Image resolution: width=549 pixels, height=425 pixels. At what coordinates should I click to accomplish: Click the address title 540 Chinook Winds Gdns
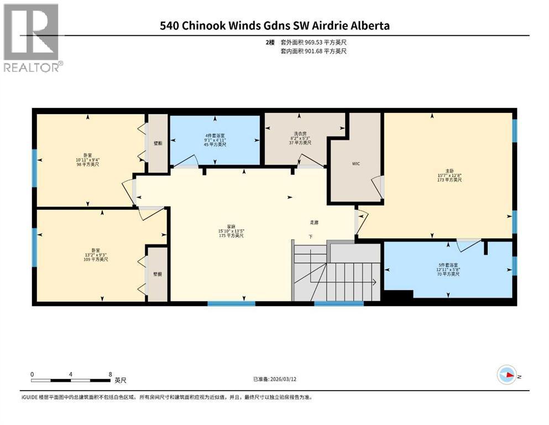point(274,25)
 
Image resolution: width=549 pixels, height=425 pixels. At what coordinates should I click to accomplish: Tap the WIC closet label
point(356,164)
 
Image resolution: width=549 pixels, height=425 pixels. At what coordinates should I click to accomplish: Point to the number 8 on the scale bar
point(111,374)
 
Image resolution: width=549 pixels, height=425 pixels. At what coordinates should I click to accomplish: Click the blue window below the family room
point(231,303)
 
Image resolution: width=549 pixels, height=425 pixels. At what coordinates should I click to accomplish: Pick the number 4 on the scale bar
point(71,374)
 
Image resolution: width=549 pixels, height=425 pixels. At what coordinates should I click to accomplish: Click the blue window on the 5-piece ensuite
point(514,266)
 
